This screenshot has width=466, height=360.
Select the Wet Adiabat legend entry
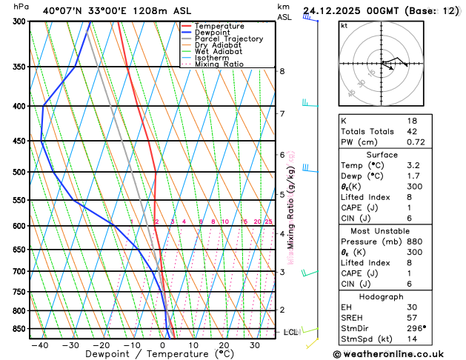click(x=218, y=51)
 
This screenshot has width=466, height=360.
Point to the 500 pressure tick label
click(x=19, y=172)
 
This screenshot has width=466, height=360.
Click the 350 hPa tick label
click(x=19, y=67)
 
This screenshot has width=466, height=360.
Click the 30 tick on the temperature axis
click(x=254, y=345)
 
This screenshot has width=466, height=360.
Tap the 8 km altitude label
click(x=282, y=71)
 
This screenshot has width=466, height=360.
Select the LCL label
click(x=290, y=332)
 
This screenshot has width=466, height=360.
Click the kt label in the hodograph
click(x=344, y=25)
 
